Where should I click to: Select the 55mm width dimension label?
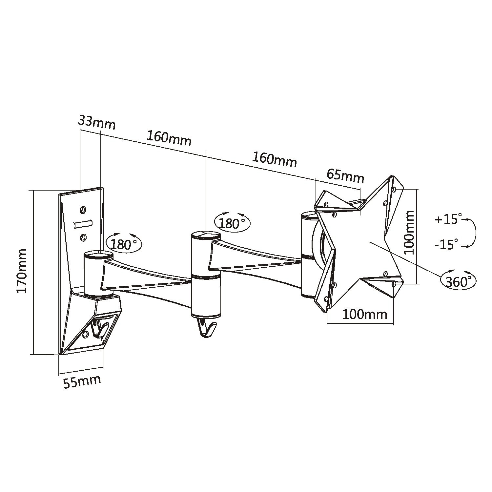[x=82, y=382]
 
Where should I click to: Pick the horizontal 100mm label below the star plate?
[x=365, y=315]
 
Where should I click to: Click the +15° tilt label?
[x=448, y=219]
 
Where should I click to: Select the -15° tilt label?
[x=446, y=244]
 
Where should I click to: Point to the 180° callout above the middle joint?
[x=232, y=223]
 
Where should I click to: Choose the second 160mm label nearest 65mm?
[x=274, y=159]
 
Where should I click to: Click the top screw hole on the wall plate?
[x=83, y=209]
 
